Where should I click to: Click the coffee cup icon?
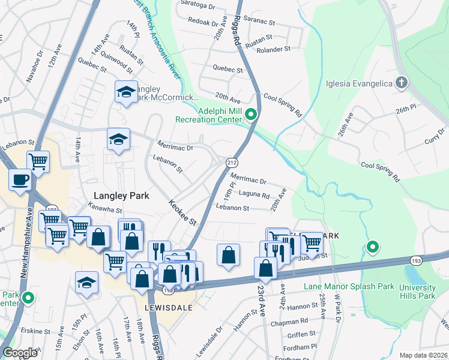coord(20,179)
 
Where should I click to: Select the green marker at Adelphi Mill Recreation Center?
coord(252,114)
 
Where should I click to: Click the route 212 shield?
coord(232,163)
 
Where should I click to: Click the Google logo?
coord(20,352)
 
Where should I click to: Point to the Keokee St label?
coord(183,213)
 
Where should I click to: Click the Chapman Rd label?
coord(293,321)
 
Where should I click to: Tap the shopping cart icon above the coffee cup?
coord(38,161)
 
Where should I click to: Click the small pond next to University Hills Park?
coord(414,275)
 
